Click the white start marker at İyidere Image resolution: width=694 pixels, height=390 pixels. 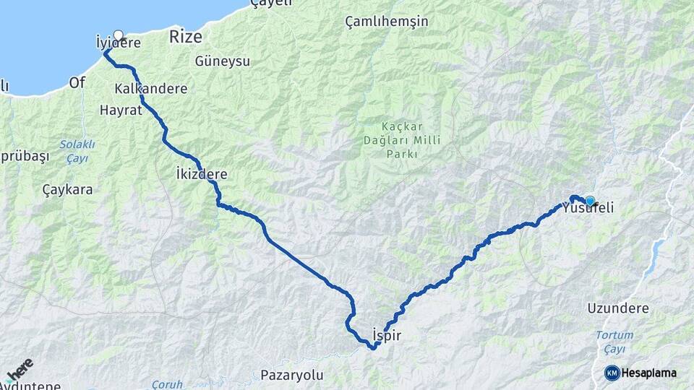pos(119,35)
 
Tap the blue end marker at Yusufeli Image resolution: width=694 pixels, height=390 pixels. pos(590,201)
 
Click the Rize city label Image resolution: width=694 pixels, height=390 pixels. pos(185,37)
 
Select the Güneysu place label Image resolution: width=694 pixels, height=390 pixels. pos(222,61)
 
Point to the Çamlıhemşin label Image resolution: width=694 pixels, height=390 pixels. pos(386,22)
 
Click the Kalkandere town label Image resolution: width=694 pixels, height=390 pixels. pos(150,89)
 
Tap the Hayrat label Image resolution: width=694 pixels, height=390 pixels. pos(120,111)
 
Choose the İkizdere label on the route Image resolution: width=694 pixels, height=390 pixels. pos(202,174)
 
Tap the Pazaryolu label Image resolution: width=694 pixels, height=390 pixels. pos(291,376)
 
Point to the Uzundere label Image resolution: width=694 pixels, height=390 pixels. pos(618,308)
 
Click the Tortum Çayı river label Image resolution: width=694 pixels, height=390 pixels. pos(614,342)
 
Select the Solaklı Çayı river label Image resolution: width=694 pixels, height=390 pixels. pos(77,151)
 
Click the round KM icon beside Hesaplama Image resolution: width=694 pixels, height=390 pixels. pos(612,373)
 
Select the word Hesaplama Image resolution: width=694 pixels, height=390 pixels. pos(649,373)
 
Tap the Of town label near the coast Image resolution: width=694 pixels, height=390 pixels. pos(77,82)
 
